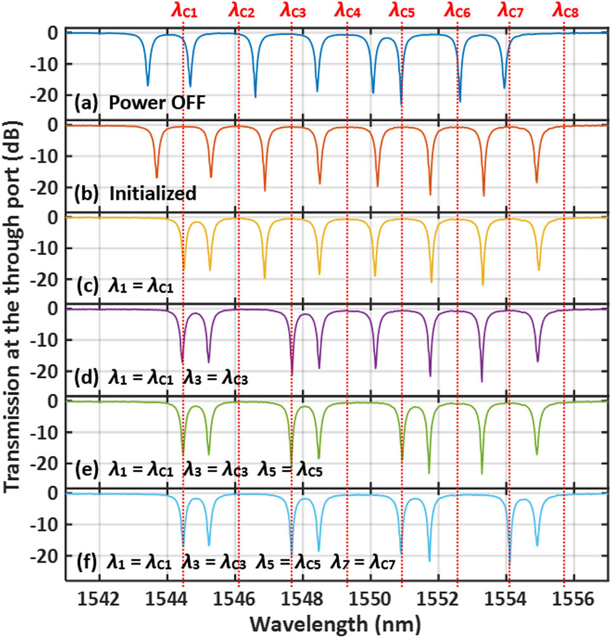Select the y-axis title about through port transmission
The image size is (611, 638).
coord(14,304)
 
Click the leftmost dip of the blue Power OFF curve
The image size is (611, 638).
coord(148,84)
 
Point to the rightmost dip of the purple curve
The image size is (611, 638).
coord(537,360)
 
